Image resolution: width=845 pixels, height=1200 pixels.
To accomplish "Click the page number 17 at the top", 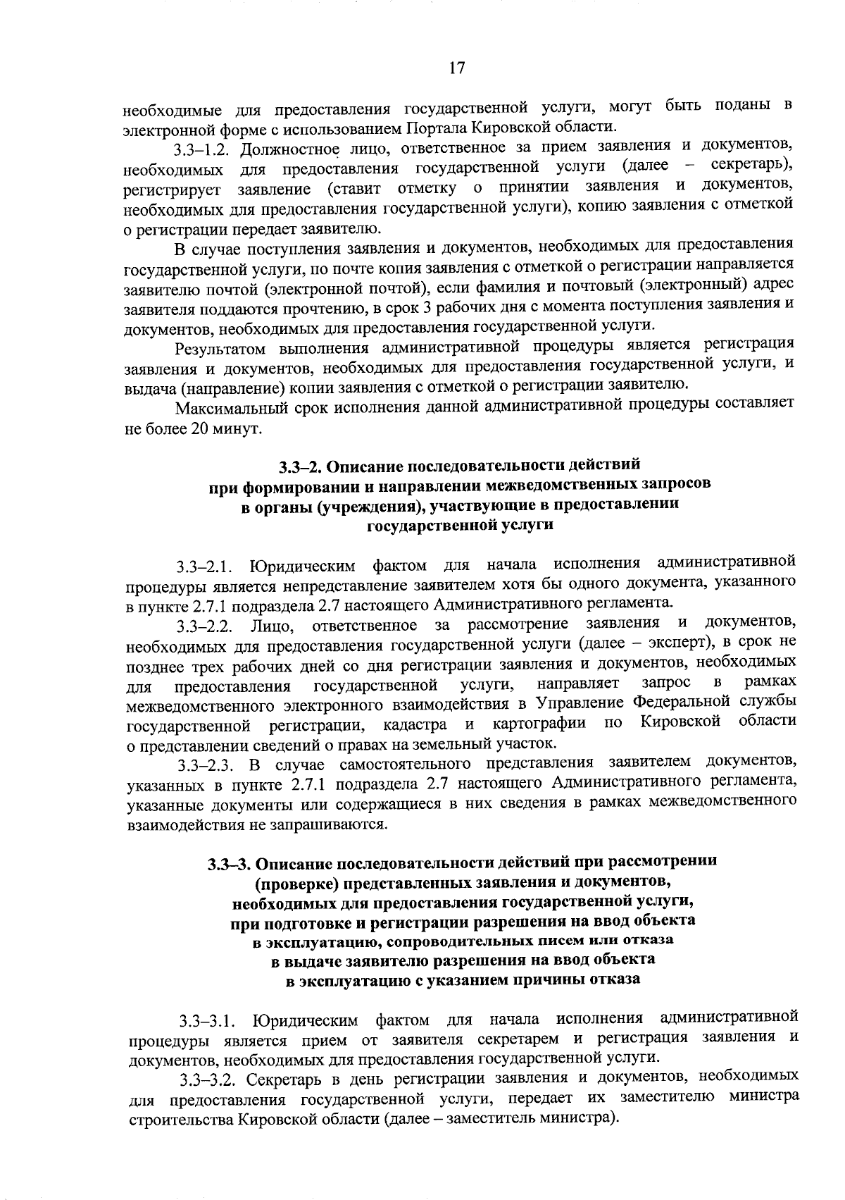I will click(456, 68).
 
